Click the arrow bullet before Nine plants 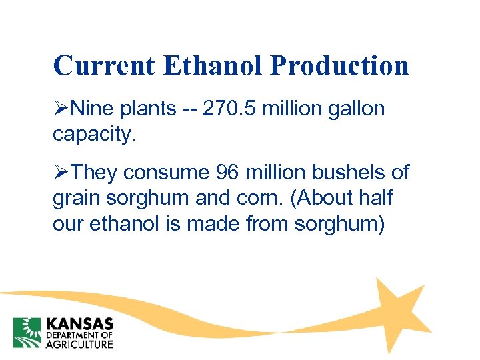click(x=61, y=108)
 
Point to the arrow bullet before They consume click(x=61, y=173)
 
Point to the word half click(x=375, y=197)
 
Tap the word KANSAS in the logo click(x=79, y=323)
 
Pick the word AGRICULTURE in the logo click(x=79, y=344)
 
